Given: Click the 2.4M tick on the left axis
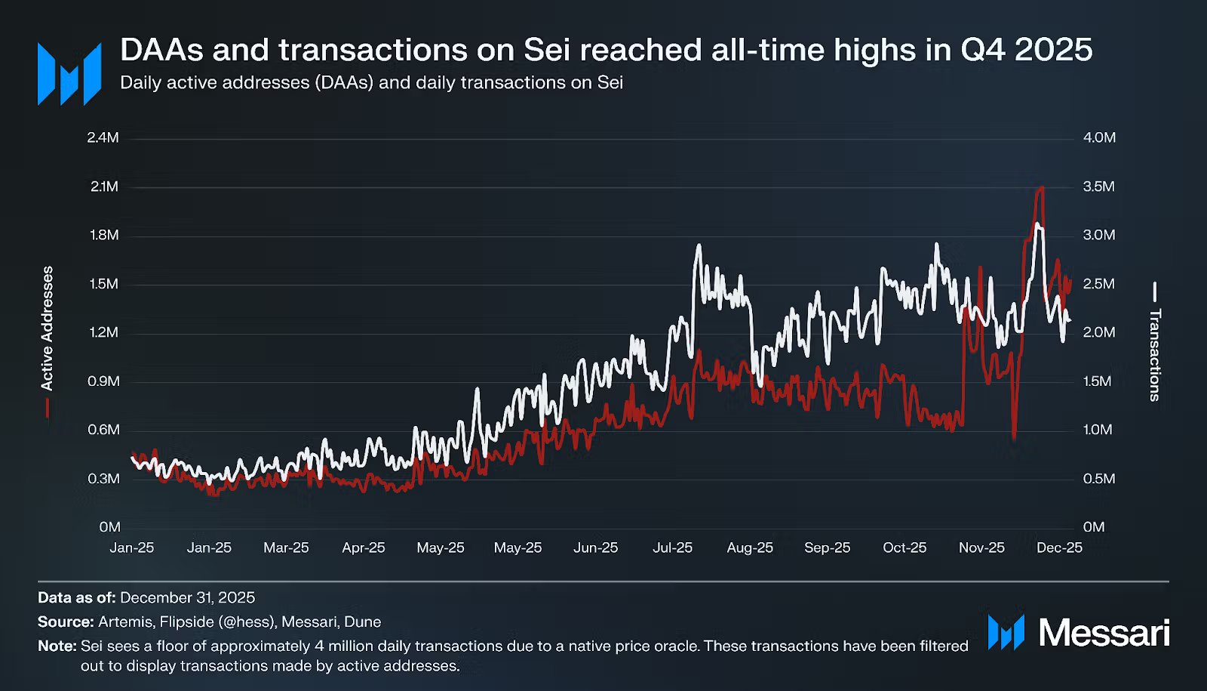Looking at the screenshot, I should pos(103,137).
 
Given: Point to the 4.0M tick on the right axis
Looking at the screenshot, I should pos(1099,137).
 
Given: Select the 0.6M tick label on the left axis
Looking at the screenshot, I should pos(103,430).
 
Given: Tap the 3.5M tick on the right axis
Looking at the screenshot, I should pos(1098,187).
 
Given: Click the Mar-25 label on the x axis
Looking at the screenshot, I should pos(286,548).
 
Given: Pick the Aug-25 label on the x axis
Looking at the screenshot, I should pos(750,548).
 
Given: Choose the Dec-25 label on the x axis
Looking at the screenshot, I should pos(1059,548).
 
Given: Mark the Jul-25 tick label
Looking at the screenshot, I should pos(672,548).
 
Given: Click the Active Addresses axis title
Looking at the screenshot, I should pos(47,329).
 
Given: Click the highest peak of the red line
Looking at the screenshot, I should pos(1042,187).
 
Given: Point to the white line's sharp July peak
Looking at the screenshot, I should pos(699,245).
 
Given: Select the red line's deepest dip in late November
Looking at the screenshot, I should pos(1014,438).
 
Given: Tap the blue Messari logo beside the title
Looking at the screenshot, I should pos(69,74).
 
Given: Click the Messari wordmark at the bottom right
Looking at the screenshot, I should pos(1104,633).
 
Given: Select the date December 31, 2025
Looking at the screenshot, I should pos(187,597).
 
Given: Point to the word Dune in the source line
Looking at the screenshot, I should pos(362,622).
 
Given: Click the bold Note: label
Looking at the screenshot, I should pos(57,646).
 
